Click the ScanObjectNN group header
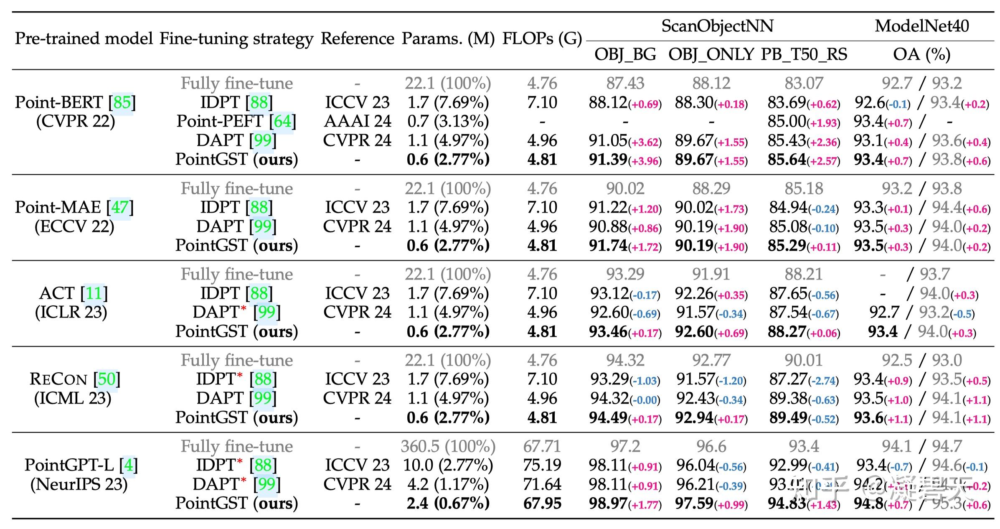tap(717, 26)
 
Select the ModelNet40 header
tap(921, 26)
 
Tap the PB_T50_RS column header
tap(804, 54)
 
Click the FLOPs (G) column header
tap(542, 38)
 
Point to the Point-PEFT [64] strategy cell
tap(236, 121)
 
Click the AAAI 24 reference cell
tap(357, 121)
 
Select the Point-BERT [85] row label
tap(75, 102)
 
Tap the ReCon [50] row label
tap(75, 379)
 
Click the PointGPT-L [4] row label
tap(81, 465)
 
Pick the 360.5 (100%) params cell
tap(448, 446)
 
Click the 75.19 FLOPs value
tap(542, 465)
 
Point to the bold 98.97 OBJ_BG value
tap(608, 504)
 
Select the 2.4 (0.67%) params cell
tap(448, 504)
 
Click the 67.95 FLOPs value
tap(542, 504)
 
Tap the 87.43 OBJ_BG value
tap(625, 83)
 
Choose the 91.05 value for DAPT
tap(608, 140)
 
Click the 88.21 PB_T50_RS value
tap(803, 274)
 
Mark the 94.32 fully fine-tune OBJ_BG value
tap(625, 360)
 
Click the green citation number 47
tap(120, 207)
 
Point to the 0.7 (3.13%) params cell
tap(448, 121)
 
